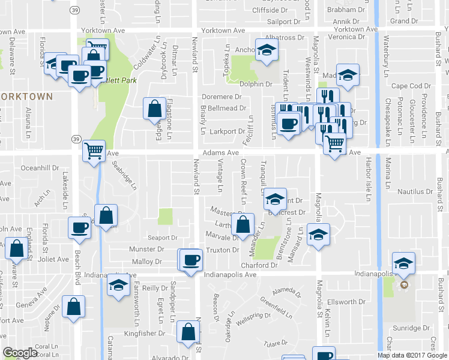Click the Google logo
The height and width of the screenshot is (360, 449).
click(20, 353)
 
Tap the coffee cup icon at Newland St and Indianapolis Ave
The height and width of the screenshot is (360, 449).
click(191, 260)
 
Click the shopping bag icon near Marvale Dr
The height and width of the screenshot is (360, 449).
click(243, 225)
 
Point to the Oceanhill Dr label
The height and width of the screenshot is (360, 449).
click(41, 169)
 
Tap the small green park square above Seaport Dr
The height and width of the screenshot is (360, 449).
click(166, 216)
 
